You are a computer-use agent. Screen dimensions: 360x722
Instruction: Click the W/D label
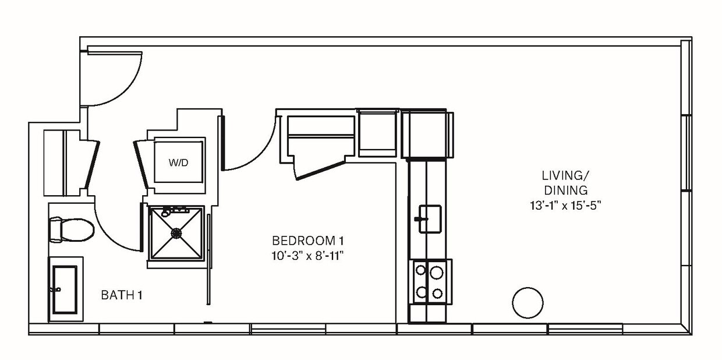[x=179, y=163]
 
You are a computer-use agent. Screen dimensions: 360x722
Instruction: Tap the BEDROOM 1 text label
[x=304, y=240]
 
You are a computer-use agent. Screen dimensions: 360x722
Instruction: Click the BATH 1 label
[x=122, y=295]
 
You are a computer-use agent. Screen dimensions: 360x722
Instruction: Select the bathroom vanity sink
[x=65, y=289]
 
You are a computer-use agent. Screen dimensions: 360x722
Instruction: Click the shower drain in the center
[x=176, y=232]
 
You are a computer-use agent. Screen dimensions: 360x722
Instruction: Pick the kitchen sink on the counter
[x=430, y=218]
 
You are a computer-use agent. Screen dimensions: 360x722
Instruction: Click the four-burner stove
[x=429, y=281]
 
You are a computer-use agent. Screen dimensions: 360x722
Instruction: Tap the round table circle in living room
[x=528, y=302]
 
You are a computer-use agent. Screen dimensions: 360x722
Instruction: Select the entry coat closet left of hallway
[x=64, y=162]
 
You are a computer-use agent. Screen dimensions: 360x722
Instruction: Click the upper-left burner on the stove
[x=420, y=270]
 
